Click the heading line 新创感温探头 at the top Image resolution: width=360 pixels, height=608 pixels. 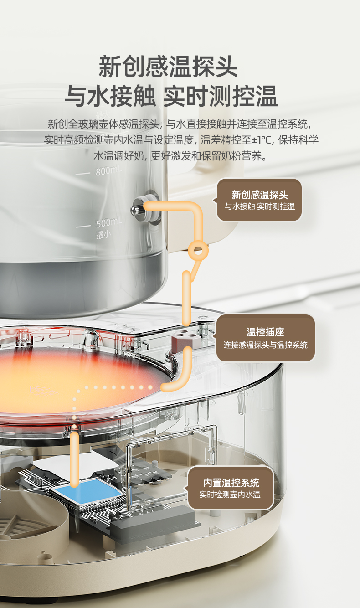pyautogui.click(x=168, y=67)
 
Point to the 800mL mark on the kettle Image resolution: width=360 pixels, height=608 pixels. pyautogui.click(x=108, y=171)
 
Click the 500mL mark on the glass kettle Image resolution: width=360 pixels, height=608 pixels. pyautogui.click(x=108, y=223)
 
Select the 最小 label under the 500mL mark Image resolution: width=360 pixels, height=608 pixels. pyautogui.click(x=103, y=235)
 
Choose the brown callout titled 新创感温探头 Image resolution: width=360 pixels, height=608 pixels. pyautogui.click(x=259, y=200)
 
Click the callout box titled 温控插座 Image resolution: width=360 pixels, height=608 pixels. pyautogui.click(x=265, y=338)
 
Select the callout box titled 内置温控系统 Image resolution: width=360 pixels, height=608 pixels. pyautogui.click(x=231, y=488)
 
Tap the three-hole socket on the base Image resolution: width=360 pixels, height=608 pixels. pyautogui.click(x=185, y=338)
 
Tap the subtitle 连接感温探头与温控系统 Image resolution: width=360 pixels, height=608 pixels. pyautogui.click(x=265, y=345)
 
